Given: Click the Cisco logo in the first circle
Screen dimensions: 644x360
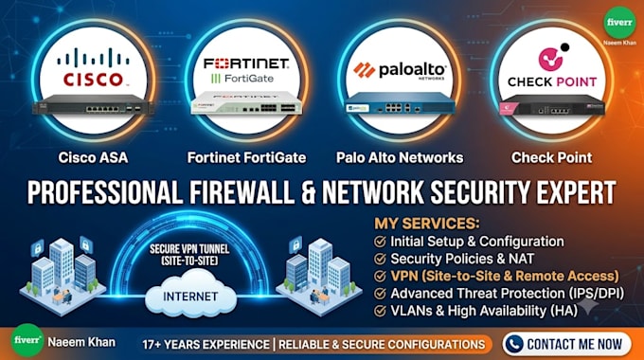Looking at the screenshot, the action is click(x=93, y=66).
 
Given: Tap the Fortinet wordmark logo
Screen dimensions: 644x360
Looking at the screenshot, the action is click(x=246, y=63).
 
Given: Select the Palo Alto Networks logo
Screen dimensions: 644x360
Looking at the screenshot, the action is click(x=400, y=70).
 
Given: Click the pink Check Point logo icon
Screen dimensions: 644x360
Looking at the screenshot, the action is click(x=550, y=59).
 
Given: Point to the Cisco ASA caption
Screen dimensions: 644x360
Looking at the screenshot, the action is click(x=93, y=157).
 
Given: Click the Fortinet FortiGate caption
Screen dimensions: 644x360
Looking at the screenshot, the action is click(x=246, y=157).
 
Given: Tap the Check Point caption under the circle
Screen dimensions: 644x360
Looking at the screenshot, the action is click(x=551, y=157).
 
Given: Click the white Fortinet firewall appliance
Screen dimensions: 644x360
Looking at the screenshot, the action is click(x=246, y=103).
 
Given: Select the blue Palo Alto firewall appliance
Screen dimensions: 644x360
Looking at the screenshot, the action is click(x=400, y=103).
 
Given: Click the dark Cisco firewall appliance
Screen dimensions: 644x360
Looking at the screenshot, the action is click(x=93, y=104).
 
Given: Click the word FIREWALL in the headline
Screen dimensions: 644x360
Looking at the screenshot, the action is click(x=241, y=192).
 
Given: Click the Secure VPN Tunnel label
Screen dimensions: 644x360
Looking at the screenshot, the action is click(x=189, y=255).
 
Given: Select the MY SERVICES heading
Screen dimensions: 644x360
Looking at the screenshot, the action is click(x=427, y=224).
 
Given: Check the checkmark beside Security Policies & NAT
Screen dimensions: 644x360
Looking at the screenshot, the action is click(x=380, y=259).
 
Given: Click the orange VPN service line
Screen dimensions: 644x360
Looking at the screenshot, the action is click(x=505, y=276).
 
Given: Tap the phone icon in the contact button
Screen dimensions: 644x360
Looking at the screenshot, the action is click(x=514, y=344).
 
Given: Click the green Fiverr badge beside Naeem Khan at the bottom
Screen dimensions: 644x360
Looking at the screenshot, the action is click(x=27, y=340).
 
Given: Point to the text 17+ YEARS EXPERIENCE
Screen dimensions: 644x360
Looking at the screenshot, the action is click(x=206, y=345).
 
